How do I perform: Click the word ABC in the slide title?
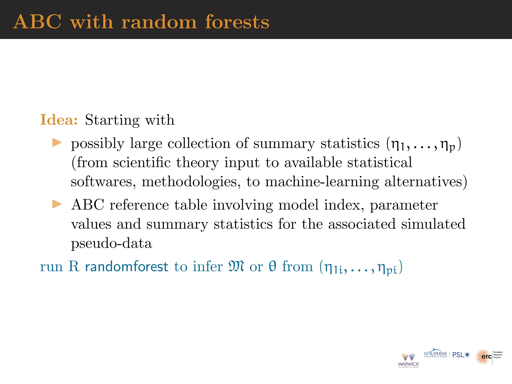click(x=37, y=22)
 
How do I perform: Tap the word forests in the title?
click(x=237, y=22)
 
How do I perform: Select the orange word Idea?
click(x=59, y=120)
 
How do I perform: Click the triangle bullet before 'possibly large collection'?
click(x=57, y=143)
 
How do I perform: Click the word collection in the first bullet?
click(x=199, y=143)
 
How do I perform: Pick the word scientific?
click(x=142, y=162)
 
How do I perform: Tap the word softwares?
click(x=103, y=182)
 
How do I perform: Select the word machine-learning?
click(x=322, y=182)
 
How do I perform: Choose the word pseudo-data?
click(x=111, y=243)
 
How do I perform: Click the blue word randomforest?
click(x=126, y=266)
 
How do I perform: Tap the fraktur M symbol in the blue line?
click(x=236, y=266)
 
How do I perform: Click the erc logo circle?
click(x=483, y=357)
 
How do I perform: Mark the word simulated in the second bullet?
click(x=433, y=224)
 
